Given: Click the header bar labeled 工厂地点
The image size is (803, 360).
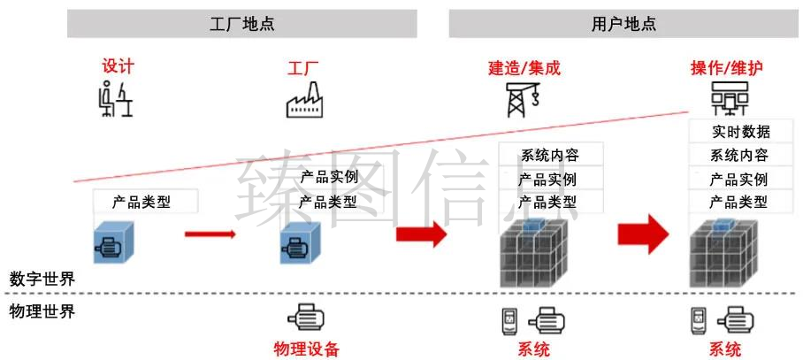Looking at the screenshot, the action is coord(241,24).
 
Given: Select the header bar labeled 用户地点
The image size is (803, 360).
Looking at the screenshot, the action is coord(623,24).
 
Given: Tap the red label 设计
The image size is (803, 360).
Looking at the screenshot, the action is coord(118,66).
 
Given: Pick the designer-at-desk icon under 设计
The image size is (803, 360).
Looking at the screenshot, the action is coord(116,99).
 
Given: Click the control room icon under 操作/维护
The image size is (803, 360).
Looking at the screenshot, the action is coord(729,99).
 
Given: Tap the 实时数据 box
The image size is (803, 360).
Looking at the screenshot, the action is coord(740,132).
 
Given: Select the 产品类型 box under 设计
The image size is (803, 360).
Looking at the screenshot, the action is coord(145,202).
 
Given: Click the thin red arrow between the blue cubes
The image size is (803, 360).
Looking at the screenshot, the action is coord(210,234).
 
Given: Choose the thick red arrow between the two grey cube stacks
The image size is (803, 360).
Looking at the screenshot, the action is coord(643,234).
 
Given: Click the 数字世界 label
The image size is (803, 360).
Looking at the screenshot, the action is coord(42,280).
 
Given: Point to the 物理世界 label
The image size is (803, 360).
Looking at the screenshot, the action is coord(42,311).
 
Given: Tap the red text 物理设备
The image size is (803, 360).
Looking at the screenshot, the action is coord(306,349).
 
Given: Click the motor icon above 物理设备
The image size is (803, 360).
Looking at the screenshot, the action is coord(306,318).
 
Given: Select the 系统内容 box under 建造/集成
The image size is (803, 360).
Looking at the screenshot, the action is coord(551,154).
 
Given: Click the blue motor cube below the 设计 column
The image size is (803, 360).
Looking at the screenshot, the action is coord(114,242).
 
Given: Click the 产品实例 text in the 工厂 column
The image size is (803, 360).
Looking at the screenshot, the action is coord(329,178).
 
